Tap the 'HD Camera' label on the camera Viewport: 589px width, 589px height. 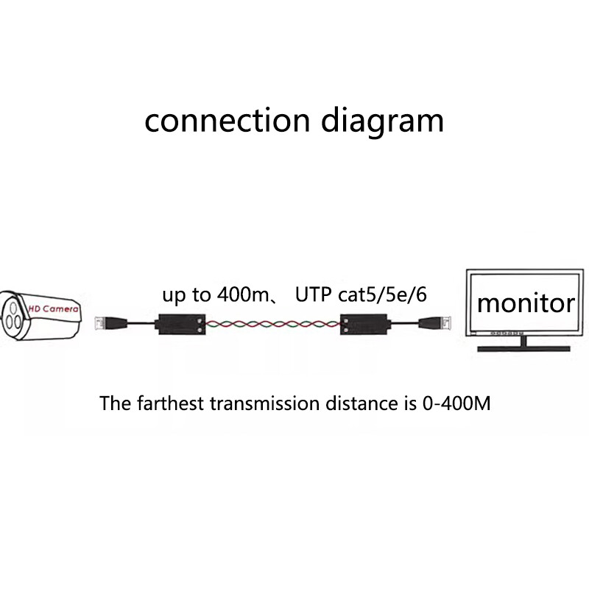point(53,309)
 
